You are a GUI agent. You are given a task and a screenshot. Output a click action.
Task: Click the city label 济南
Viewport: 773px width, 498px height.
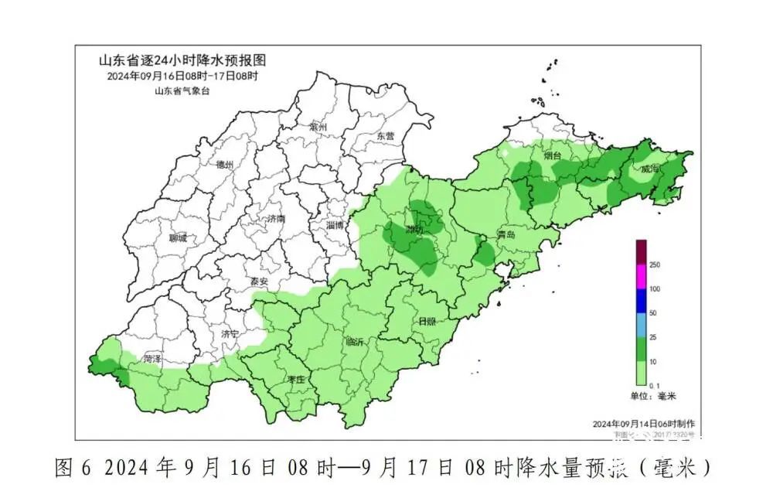pos(275,219)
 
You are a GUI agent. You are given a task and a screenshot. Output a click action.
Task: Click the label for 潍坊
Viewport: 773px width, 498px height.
pos(415,230)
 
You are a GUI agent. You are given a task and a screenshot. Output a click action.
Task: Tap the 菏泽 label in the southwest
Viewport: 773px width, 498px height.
pos(152,360)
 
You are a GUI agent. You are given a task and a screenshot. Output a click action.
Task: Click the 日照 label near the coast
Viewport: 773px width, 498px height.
pos(427,321)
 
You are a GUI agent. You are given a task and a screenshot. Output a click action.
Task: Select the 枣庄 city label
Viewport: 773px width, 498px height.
pos(295,380)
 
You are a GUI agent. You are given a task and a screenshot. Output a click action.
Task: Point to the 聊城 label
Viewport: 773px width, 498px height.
pos(177,237)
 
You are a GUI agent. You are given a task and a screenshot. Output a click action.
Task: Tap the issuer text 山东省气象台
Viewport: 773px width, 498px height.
pos(182,90)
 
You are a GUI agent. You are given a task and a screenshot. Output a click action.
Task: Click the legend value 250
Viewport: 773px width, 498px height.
pos(654,265)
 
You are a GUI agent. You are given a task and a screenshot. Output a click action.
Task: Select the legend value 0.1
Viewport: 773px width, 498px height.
pos(654,384)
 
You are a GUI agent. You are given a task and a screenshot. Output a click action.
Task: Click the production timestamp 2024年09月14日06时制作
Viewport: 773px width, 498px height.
pos(643,424)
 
